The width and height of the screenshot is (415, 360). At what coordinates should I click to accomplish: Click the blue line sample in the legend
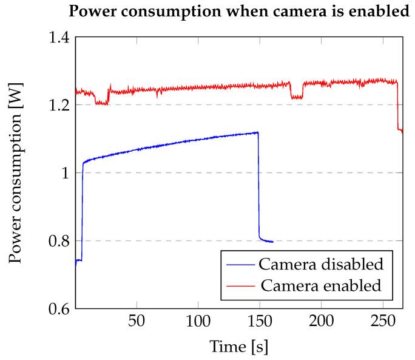coord(241,265)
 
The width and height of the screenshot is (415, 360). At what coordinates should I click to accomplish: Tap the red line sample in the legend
coord(241,285)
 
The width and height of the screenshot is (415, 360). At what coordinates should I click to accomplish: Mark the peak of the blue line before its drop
coord(257,132)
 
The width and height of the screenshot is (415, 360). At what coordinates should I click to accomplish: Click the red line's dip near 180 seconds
coord(297,97)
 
